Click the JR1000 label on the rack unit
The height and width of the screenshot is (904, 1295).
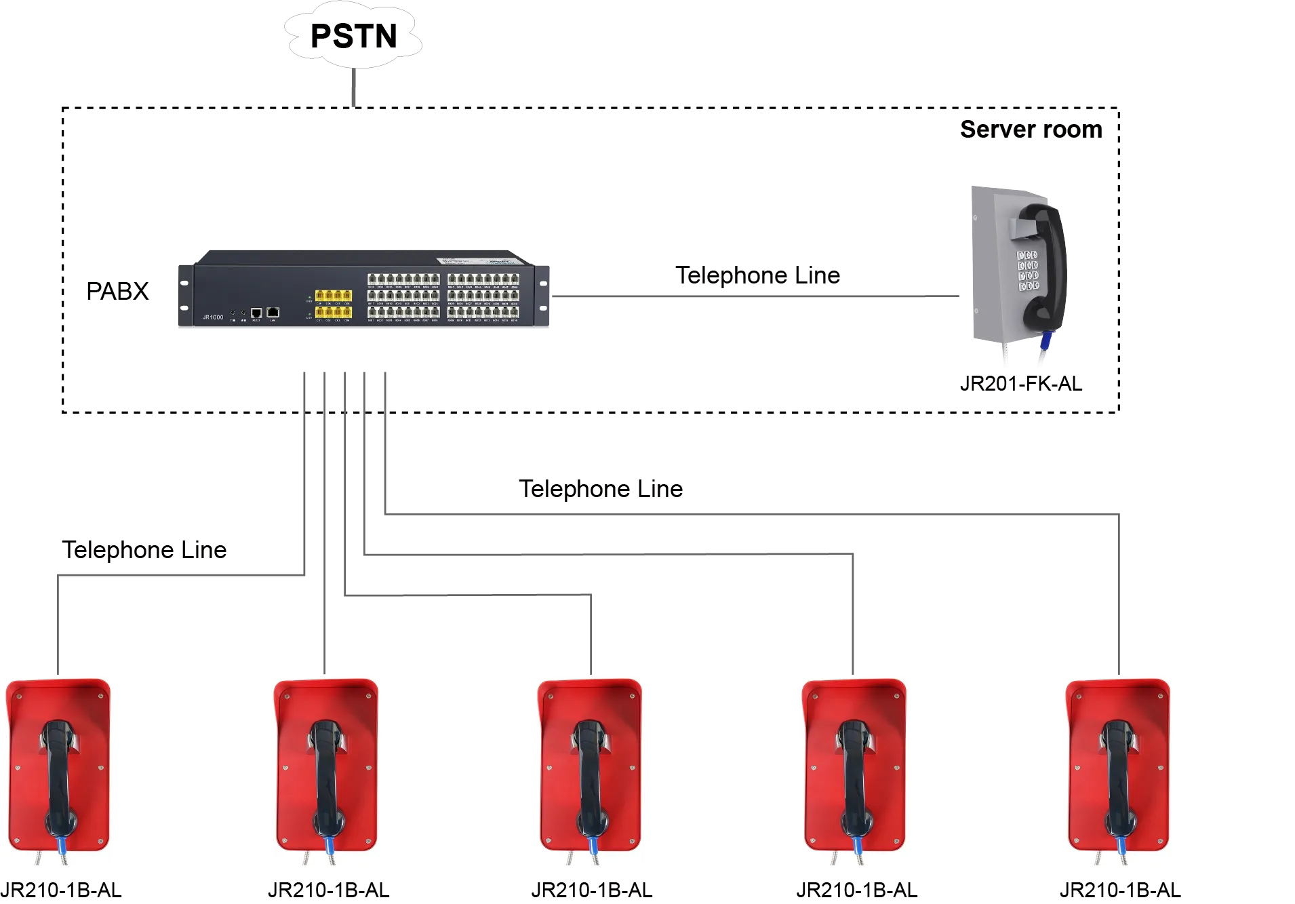pyautogui.click(x=212, y=317)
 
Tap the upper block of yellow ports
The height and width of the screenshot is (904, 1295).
pyautogui.click(x=333, y=296)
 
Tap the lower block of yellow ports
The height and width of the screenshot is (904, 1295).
pyautogui.click(x=333, y=313)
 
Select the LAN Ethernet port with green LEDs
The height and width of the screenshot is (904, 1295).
pyautogui.click(x=273, y=312)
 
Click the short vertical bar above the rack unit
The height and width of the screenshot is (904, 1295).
pyautogui.click(x=352, y=86)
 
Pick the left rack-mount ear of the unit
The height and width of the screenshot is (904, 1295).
pyautogui.click(x=183, y=296)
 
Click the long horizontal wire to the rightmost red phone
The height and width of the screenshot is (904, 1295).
pyautogui.click(x=746, y=511)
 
